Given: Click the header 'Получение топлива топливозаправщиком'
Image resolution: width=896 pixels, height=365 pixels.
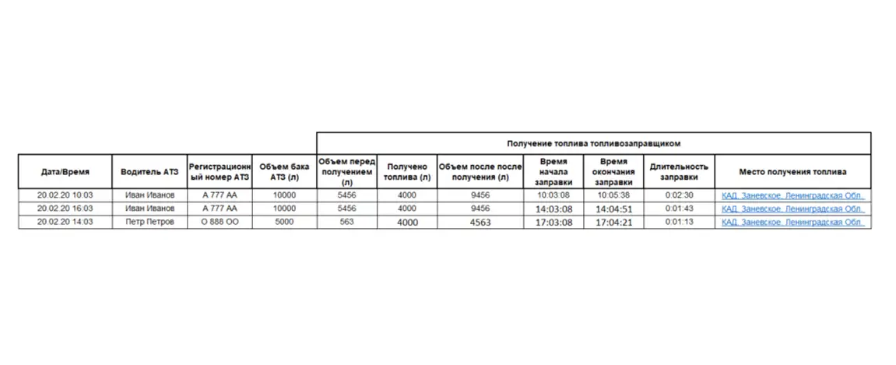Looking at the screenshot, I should (x=593, y=143).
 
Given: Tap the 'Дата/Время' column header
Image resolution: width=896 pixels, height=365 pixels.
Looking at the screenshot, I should (x=65, y=172).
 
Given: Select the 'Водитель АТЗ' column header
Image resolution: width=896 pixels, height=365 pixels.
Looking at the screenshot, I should (x=149, y=172).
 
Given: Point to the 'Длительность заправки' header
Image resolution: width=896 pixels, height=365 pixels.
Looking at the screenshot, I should (x=678, y=172).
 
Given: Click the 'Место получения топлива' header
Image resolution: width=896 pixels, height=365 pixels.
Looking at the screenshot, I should (x=792, y=172).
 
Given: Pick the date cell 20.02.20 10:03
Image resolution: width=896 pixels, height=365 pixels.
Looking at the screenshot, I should (x=65, y=195).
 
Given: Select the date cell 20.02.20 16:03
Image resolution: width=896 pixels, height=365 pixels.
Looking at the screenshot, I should (x=65, y=209).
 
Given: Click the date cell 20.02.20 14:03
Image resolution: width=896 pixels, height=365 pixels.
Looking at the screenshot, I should (x=65, y=222).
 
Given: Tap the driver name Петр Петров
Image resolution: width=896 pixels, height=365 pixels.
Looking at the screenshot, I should (x=149, y=222).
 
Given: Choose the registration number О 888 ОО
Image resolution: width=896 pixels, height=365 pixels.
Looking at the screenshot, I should (x=219, y=222).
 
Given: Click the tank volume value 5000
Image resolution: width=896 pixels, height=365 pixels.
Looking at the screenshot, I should (x=284, y=222).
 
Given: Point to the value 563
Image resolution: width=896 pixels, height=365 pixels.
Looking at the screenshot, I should (x=346, y=222).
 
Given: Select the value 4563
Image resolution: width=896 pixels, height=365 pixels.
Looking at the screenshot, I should (x=480, y=223).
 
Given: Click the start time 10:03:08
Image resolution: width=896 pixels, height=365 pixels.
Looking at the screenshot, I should (x=553, y=195).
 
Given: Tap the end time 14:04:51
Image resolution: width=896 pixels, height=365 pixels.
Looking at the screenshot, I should (x=613, y=209).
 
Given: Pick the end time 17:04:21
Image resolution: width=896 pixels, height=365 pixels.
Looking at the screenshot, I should (x=613, y=223).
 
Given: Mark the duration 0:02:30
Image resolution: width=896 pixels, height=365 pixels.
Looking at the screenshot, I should (x=679, y=195).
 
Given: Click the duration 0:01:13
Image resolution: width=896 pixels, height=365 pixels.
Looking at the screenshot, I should (x=679, y=223).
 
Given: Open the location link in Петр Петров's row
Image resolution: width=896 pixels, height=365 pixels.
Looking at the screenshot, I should (x=792, y=223).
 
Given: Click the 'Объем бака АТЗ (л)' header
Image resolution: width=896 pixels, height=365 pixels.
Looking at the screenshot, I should (x=284, y=172).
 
